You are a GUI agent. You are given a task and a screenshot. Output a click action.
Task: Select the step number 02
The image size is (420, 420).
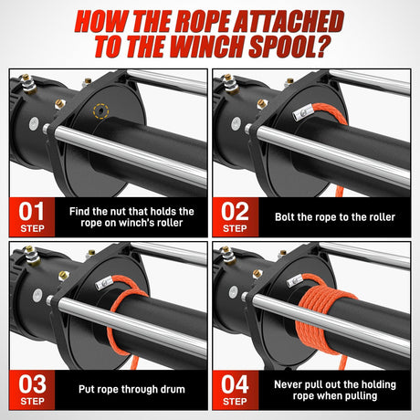(236, 212)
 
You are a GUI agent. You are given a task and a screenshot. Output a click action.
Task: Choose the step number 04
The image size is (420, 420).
(236, 383)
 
